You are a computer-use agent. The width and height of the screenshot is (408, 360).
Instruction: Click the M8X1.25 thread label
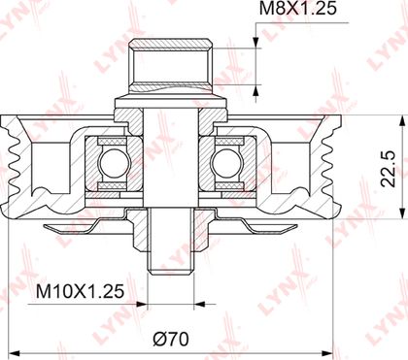click(x=298, y=9)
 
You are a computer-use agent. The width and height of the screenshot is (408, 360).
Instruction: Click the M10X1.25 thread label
click(x=80, y=291)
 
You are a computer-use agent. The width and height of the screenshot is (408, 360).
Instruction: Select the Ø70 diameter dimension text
click(x=171, y=340)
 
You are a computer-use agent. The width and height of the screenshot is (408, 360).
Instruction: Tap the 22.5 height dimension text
click(x=389, y=168)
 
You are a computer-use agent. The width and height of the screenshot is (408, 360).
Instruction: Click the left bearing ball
click(x=112, y=163)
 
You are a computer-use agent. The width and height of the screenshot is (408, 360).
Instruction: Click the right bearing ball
click(x=224, y=163)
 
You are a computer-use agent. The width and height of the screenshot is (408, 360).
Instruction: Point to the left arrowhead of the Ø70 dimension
click(x=15, y=352)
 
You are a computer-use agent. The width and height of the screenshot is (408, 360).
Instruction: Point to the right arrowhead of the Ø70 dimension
click(x=326, y=352)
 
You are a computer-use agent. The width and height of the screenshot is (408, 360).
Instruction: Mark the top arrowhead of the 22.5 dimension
click(x=402, y=121)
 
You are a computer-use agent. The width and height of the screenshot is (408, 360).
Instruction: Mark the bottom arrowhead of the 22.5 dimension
click(x=402, y=213)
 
